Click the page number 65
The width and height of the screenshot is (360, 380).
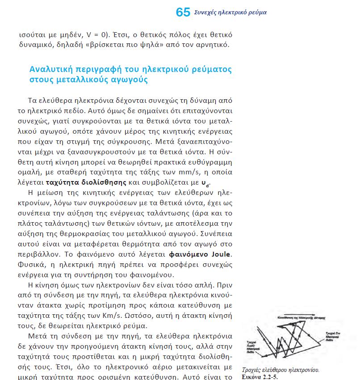point(183,12)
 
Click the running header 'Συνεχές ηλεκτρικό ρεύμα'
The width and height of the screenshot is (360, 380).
point(230,13)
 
